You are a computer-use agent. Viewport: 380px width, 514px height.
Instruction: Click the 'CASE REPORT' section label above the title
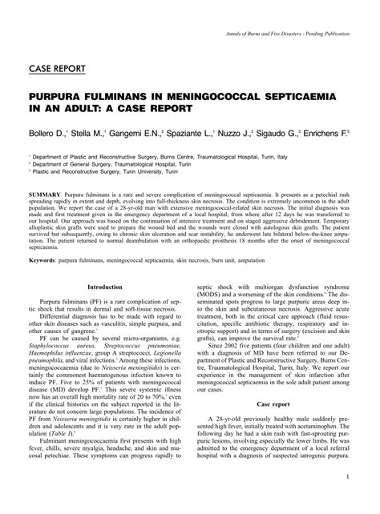point(57,67)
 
